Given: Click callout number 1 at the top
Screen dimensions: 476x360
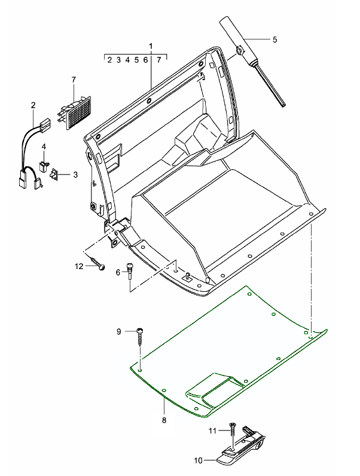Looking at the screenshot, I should pyautogui.click(x=151, y=45).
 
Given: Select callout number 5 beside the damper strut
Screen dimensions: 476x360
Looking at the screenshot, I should pyautogui.click(x=274, y=39).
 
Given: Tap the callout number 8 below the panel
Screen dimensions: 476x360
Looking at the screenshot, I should pyautogui.click(x=164, y=420).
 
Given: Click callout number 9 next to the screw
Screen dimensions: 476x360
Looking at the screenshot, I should pyautogui.click(x=118, y=331).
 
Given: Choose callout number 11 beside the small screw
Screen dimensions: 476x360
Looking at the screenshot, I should pyautogui.click(x=211, y=429).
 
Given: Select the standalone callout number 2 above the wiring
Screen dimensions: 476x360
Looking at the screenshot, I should pyautogui.click(x=33, y=105).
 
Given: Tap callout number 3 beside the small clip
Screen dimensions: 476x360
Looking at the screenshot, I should pyautogui.click(x=75, y=175).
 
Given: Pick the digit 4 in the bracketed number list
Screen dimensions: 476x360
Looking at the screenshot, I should pyautogui.click(x=127, y=60).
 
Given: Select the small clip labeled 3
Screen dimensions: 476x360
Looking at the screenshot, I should pyautogui.click(x=54, y=174).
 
